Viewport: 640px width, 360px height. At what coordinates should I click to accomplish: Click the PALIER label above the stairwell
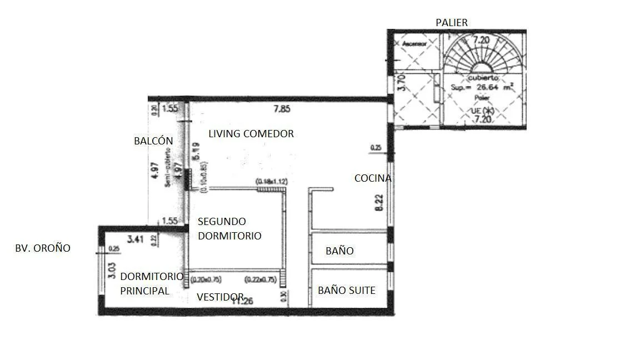pyautogui.click(x=452, y=23)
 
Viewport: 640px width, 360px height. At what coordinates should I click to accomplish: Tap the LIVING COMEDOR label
pyautogui.click(x=251, y=134)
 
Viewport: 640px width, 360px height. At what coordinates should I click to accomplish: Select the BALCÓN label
pyautogui.click(x=153, y=141)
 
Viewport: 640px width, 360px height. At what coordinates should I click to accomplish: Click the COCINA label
pyautogui.click(x=373, y=178)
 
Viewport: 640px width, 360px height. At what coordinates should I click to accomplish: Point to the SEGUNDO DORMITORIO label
pyautogui.click(x=229, y=228)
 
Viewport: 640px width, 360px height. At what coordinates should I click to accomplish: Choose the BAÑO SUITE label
pyautogui.click(x=346, y=291)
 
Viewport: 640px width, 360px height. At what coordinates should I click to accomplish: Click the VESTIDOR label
pyautogui.click(x=220, y=297)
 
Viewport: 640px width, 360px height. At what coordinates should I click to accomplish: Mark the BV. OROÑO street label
pyautogui.click(x=43, y=248)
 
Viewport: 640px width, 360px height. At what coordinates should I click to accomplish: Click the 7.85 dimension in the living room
pyautogui.click(x=282, y=109)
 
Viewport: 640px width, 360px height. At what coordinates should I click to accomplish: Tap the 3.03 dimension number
pyautogui.click(x=112, y=270)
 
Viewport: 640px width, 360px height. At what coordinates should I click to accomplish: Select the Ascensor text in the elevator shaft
pyautogui.click(x=414, y=43)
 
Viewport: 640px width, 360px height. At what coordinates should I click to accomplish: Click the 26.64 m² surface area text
pyautogui.click(x=481, y=87)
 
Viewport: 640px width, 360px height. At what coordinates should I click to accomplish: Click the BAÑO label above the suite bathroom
pyautogui.click(x=339, y=251)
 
